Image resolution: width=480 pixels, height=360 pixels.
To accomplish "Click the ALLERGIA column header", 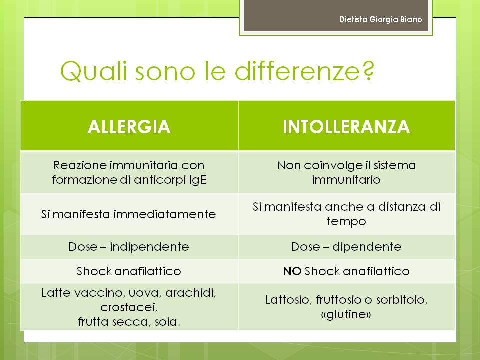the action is pyautogui.click(x=129, y=126).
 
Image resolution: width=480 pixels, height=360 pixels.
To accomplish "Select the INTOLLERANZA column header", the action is pyautogui.click(x=346, y=126).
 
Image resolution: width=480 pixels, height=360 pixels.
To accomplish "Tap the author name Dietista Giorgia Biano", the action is pyautogui.click(x=381, y=19).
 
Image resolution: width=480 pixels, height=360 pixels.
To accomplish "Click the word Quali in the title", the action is pyautogui.click(x=93, y=71).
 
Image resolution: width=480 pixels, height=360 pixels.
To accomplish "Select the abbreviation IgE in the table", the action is pyautogui.click(x=198, y=180).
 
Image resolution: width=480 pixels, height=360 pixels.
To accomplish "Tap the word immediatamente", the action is pyautogui.click(x=164, y=214).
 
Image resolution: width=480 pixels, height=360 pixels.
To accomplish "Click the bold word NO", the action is pyautogui.click(x=292, y=271).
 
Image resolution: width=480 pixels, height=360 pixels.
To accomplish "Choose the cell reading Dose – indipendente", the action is pyautogui.click(x=129, y=247).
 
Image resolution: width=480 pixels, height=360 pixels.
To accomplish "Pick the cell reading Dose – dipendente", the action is pyautogui.click(x=346, y=247).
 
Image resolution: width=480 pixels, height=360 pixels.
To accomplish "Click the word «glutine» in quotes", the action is pyautogui.click(x=346, y=314).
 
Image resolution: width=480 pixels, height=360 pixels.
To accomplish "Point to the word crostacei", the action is pyautogui.click(x=129, y=307).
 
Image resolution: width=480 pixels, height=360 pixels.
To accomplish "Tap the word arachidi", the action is pyautogui.click(x=190, y=293).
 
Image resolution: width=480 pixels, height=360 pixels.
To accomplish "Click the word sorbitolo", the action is pyautogui.click(x=402, y=300).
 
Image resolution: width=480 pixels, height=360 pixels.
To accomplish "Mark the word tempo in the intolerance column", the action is pyautogui.click(x=346, y=221).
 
